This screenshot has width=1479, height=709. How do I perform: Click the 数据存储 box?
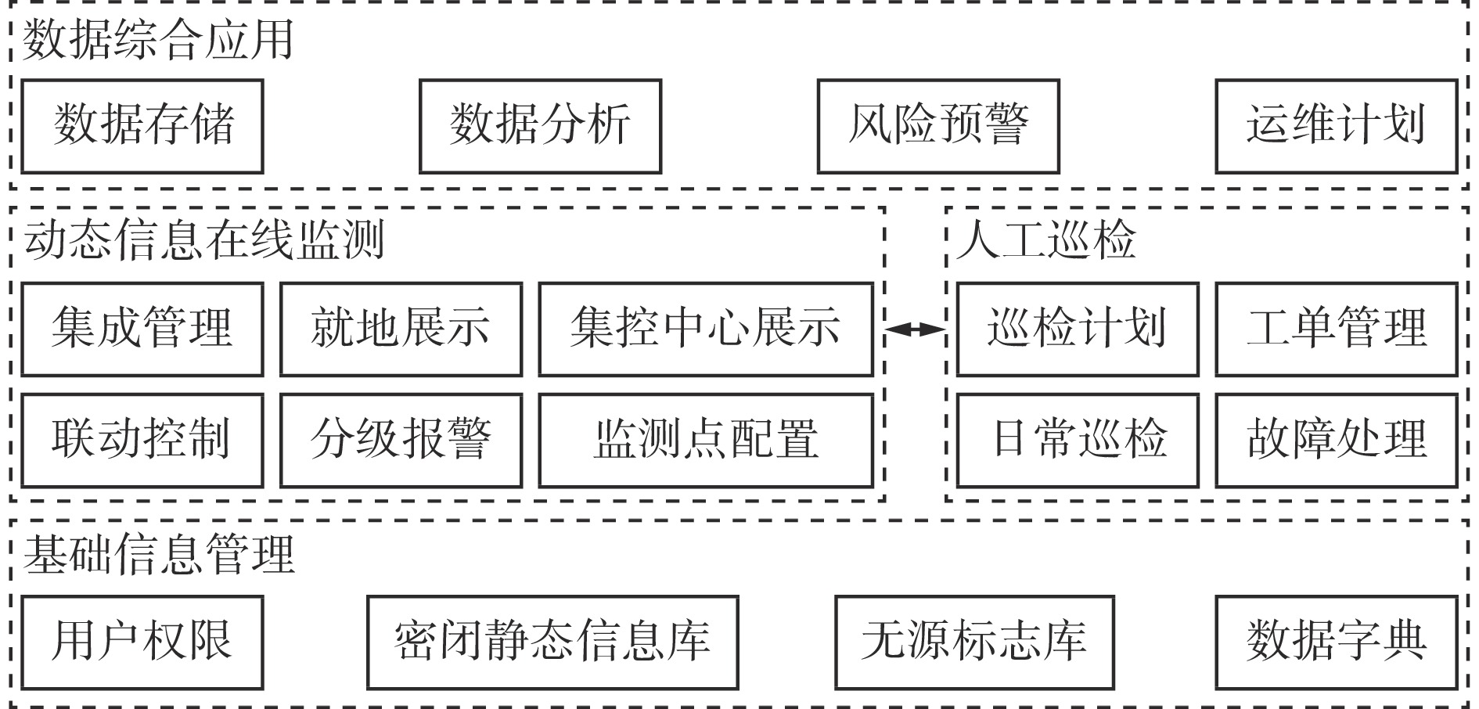click(142, 126)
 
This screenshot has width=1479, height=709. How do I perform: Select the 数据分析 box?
click(540, 126)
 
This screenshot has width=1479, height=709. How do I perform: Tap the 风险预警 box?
click(938, 126)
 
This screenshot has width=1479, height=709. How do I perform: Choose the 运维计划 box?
click(1336, 126)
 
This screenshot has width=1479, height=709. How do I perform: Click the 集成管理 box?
click(142, 329)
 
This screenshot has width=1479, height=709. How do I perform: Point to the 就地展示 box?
click(401, 329)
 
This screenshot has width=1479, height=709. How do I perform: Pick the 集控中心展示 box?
click(706, 329)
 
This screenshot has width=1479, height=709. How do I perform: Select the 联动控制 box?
click(142, 440)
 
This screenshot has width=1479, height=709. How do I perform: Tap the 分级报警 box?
click(401, 440)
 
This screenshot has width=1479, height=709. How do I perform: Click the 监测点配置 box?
click(706, 440)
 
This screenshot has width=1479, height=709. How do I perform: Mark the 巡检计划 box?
click(1078, 329)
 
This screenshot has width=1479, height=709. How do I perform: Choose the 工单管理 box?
click(1336, 329)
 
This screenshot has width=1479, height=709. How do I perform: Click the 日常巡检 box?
click(1078, 440)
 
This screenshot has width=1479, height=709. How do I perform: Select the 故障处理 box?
click(1336, 440)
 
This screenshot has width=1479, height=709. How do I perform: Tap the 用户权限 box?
click(142, 642)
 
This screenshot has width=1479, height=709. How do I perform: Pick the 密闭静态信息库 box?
click(552, 642)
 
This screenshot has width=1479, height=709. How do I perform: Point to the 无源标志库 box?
click(974, 642)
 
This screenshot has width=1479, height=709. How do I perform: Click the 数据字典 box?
click(1336, 642)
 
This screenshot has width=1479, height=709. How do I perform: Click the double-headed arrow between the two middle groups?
click(915, 329)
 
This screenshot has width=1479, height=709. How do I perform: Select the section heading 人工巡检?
click(1045, 240)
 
